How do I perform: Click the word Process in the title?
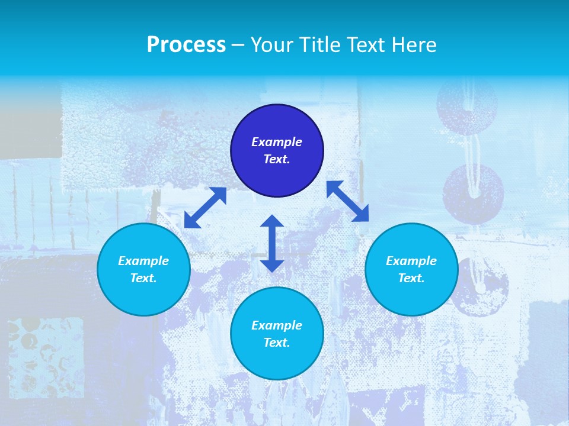click(x=186, y=45)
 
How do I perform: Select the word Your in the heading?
click(x=273, y=45)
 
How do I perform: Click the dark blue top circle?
click(x=277, y=177)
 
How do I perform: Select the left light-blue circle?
click(x=143, y=296)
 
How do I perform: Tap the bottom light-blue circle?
click(x=277, y=361)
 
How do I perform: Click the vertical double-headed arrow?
click(x=272, y=243)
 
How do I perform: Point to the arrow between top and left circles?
click(x=205, y=208)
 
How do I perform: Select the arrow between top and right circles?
click(x=348, y=201)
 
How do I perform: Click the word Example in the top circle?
click(x=277, y=142)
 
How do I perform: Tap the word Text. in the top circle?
click(x=277, y=159)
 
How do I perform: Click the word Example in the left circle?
click(x=143, y=261)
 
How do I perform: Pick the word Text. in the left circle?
click(x=143, y=278)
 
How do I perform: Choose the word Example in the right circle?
click(x=411, y=261)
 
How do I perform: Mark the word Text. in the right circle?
click(x=411, y=278)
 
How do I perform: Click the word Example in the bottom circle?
click(x=277, y=325)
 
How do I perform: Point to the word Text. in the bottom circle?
click(x=277, y=343)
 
